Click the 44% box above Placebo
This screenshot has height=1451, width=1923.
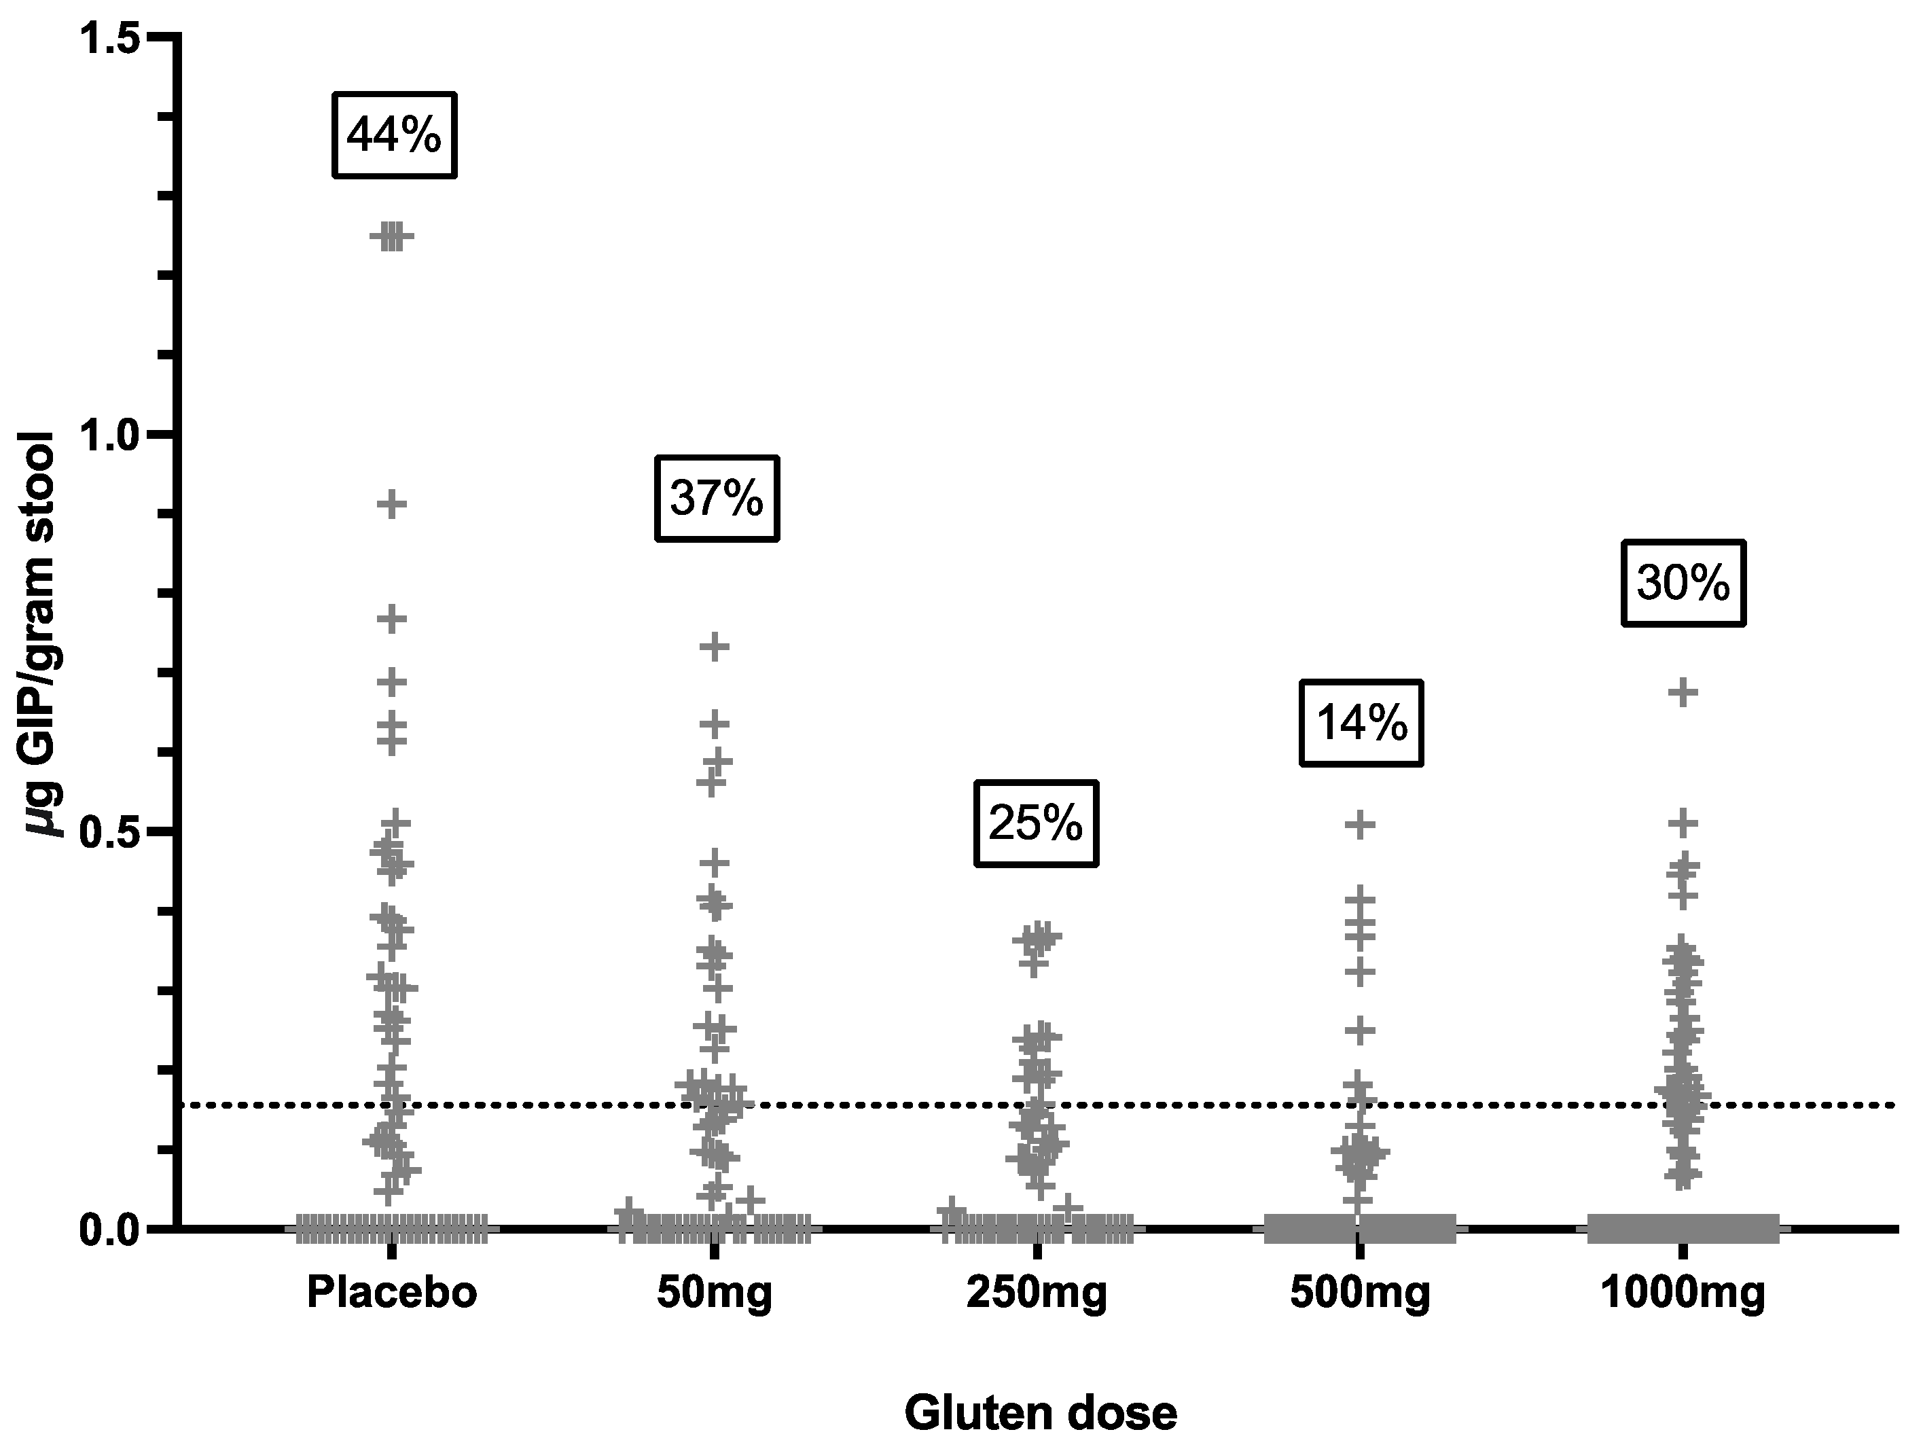coord(394,136)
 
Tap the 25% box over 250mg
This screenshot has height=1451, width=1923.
coord(1035,823)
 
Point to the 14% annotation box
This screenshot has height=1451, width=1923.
coord(1361,723)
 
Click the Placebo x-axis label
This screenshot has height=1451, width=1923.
coord(392,1293)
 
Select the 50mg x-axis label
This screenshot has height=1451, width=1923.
coord(715,1293)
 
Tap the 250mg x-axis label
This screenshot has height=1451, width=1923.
coord(1037,1293)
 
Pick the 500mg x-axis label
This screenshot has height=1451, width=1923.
coord(1360,1293)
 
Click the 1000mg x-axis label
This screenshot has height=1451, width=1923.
coord(1683,1293)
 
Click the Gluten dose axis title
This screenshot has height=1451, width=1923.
coord(1040,1413)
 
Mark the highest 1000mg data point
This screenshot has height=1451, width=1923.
coord(1683,693)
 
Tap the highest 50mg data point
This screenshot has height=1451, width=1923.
coord(715,647)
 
